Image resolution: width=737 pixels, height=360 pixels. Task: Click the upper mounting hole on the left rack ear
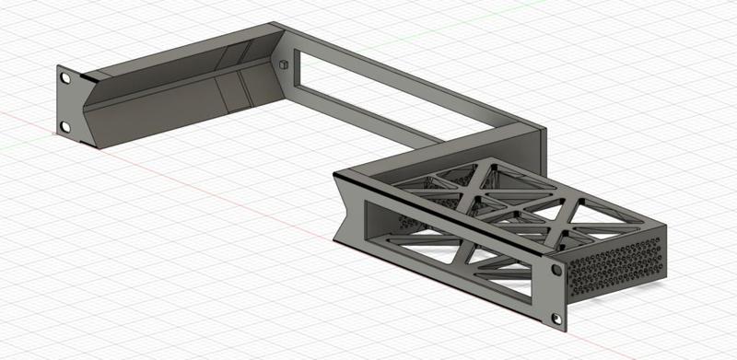(64, 78)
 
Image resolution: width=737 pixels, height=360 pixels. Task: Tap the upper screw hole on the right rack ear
(557, 273)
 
